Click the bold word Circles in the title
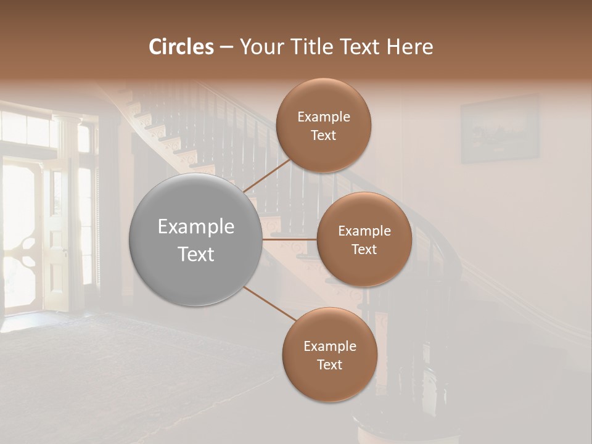click(181, 47)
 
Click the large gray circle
click(196, 239)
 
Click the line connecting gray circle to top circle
click(266, 175)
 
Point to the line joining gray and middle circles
click(290, 239)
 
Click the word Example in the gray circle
click(196, 227)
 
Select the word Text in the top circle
click(323, 136)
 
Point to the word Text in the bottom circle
click(329, 364)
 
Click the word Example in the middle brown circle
click(364, 231)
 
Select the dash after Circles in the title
click(226, 47)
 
